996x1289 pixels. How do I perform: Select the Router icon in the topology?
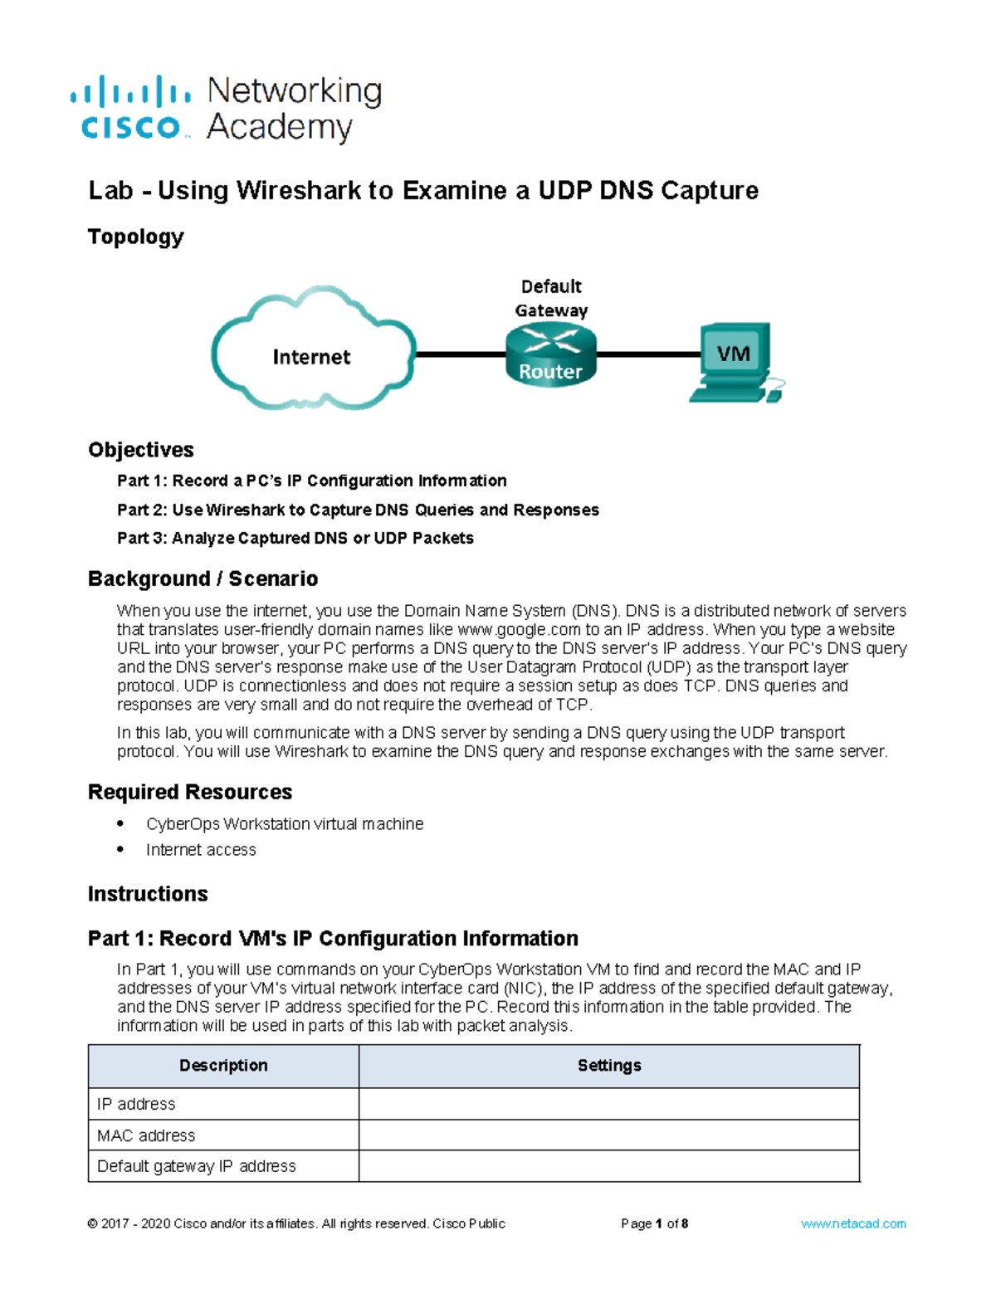pyautogui.click(x=551, y=354)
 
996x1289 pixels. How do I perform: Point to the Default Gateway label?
pyautogui.click(x=551, y=299)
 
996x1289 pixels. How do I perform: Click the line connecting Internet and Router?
pyautogui.click(x=461, y=354)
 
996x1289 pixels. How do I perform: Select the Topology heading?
pyautogui.click(x=135, y=237)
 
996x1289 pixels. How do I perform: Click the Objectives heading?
pyautogui.click(x=141, y=450)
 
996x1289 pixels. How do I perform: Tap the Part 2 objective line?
pyautogui.click(x=358, y=510)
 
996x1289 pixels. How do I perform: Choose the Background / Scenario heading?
pyautogui.click(x=203, y=579)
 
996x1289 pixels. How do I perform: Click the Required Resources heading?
pyautogui.click(x=190, y=792)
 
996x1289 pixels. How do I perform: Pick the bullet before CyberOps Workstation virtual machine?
pyautogui.click(x=121, y=823)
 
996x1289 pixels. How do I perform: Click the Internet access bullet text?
pyautogui.click(x=201, y=850)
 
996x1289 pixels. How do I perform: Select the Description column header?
pyautogui.click(x=223, y=1066)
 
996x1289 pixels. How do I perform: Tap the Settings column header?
pyautogui.click(x=609, y=1066)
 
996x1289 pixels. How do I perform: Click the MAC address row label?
pyautogui.click(x=146, y=1135)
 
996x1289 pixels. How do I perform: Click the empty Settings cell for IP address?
pyautogui.click(x=609, y=1104)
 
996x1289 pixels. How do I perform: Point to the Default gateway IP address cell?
pyautogui.click(x=197, y=1166)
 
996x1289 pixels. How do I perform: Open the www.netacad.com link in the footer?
pyautogui.click(x=853, y=1223)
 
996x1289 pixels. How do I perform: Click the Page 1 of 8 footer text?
pyautogui.click(x=654, y=1223)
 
